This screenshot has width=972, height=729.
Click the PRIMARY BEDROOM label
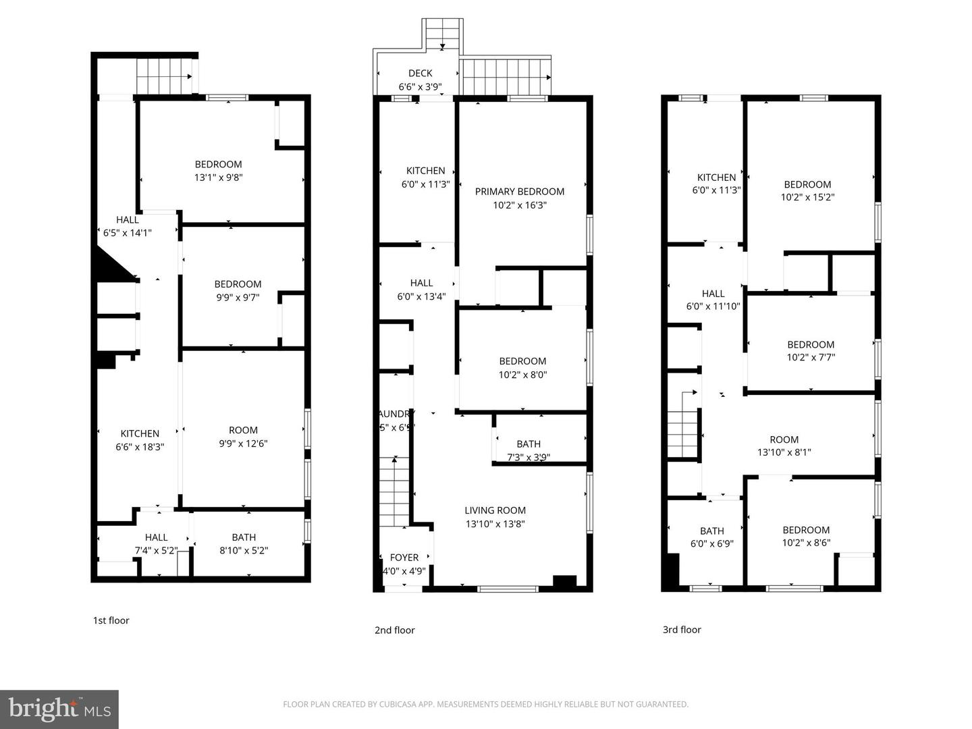click(x=519, y=192)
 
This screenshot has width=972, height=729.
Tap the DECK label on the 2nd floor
click(x=420, y=74)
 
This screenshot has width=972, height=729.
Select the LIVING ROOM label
click(x=495, y=511)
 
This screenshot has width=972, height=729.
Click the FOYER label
click(x=404, y=558)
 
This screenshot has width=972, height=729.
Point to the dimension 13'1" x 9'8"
click(x=218, y=178)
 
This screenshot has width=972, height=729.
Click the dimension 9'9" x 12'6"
click(x=243, y=443)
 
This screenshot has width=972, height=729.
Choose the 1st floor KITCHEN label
click(x=140, y=434)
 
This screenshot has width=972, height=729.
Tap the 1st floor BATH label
click(x=244, y=537)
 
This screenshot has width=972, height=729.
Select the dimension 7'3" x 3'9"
click(x=529, y=457)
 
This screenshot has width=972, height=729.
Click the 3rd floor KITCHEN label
click(x=716, y=178)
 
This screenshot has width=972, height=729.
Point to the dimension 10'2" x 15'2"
click(x=807, y=197)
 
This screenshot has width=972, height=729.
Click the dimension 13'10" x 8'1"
click(x=784, y=452)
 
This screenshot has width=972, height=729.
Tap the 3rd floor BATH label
click(x=712, y=531)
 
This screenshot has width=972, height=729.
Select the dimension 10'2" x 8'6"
click(x=806, y=543)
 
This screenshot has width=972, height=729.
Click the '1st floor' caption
click(x=111, y=620)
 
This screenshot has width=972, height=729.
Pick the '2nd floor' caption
click(x=394, y=630)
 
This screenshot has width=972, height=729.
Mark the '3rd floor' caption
click(x=682, y=630)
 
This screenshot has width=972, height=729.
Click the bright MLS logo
click(x=59, y=709)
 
